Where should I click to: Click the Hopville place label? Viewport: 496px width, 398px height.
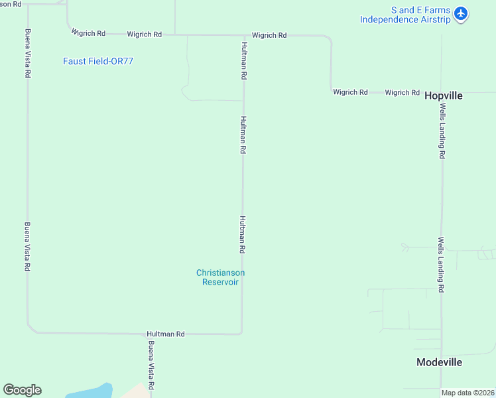[443, 96]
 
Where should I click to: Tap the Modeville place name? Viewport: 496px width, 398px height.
[439, 362]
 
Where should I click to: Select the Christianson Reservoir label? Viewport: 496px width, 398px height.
[220, 277]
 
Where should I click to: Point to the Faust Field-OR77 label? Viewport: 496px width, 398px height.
[99, 61]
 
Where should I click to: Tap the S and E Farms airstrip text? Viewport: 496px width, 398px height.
[405, 15]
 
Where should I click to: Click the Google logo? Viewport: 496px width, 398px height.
[23, 390]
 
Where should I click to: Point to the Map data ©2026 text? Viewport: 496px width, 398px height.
[468, 393]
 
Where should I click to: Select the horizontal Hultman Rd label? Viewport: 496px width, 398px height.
[166, 334]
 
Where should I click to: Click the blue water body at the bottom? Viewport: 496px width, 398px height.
[93, 392]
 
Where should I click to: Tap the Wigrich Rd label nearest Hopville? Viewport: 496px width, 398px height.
[403, 93]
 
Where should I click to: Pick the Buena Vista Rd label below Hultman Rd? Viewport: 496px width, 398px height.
[151, 365]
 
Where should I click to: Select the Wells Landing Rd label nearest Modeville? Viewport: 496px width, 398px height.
[440, 265]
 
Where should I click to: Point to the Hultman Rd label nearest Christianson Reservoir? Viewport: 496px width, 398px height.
[243, 234]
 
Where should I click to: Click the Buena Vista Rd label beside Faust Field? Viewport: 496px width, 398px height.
[28, 54]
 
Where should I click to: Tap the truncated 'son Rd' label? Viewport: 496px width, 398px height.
[11, 4]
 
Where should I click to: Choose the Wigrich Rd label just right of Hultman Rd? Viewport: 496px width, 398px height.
[269, 35]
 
